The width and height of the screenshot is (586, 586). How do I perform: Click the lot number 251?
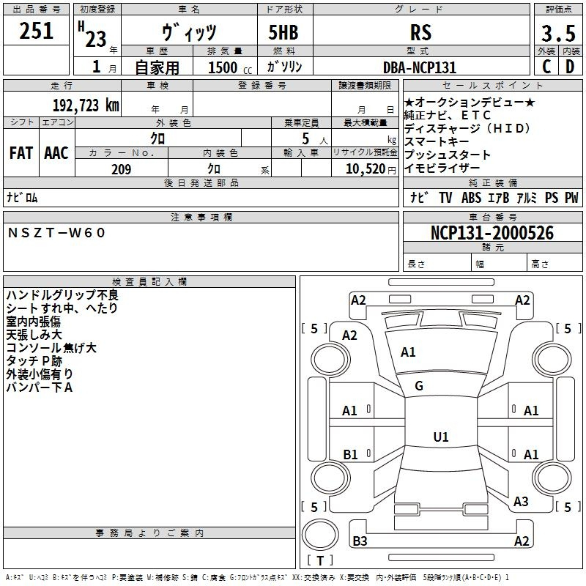36,31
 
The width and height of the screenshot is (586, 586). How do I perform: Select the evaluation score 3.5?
558,33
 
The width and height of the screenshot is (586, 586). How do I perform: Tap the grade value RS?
420,32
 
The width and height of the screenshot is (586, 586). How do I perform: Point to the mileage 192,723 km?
86,105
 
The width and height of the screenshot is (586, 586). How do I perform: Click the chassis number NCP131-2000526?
492,233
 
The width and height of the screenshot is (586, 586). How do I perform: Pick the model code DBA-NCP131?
420,67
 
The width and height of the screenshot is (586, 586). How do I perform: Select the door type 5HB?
283,32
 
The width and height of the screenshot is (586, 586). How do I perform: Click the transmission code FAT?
21,153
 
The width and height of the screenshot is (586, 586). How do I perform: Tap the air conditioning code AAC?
56,153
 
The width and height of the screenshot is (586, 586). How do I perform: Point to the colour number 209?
121,169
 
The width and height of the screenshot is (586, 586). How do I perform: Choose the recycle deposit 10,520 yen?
371,169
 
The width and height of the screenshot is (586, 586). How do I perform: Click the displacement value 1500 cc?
230,67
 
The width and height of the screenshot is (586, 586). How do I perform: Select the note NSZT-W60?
56,233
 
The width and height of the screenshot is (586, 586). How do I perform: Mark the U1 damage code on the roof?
441,437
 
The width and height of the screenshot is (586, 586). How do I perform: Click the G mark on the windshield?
419,386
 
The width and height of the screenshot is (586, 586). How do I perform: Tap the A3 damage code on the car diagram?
521,502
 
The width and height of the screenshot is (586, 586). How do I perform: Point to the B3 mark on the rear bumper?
360,541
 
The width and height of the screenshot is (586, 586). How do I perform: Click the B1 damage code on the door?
350,454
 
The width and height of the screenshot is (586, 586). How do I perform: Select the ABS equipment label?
471,198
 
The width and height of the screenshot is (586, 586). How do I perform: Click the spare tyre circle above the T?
320,534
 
